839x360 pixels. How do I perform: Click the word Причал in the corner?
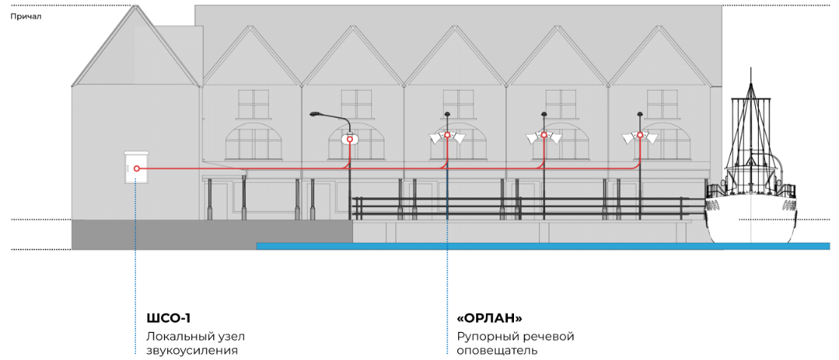pyautogui.click(x=26, y=17)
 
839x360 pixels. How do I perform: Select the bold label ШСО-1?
pyautogui.click(x=169, y=318)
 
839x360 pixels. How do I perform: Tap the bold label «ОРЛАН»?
pyautogui.click(x=489, y=318)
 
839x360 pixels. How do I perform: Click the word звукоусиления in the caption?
pyautogui.click(x=191, y=352)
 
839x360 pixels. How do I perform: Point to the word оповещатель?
pyautogui.click(x=496, y=352)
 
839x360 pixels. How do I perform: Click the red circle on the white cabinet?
pyautogui.click(x=137, y=168)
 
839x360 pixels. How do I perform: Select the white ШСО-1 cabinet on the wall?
pyautogui.click(x=136, y=167)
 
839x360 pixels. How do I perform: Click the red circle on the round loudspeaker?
pyautogui.click(x=350, y=139)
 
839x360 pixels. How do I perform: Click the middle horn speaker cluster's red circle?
pyautogui.click(x=543, y=135)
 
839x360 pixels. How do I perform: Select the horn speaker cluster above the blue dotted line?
pyautogui.click(x=447, y=137)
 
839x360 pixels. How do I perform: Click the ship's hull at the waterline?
pyautogui.click(x=751, y=242)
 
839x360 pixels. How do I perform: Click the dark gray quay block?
pyautogui.click(x=212, y=234)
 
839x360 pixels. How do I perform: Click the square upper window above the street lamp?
pyautogui.click(x=356, y=104)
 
